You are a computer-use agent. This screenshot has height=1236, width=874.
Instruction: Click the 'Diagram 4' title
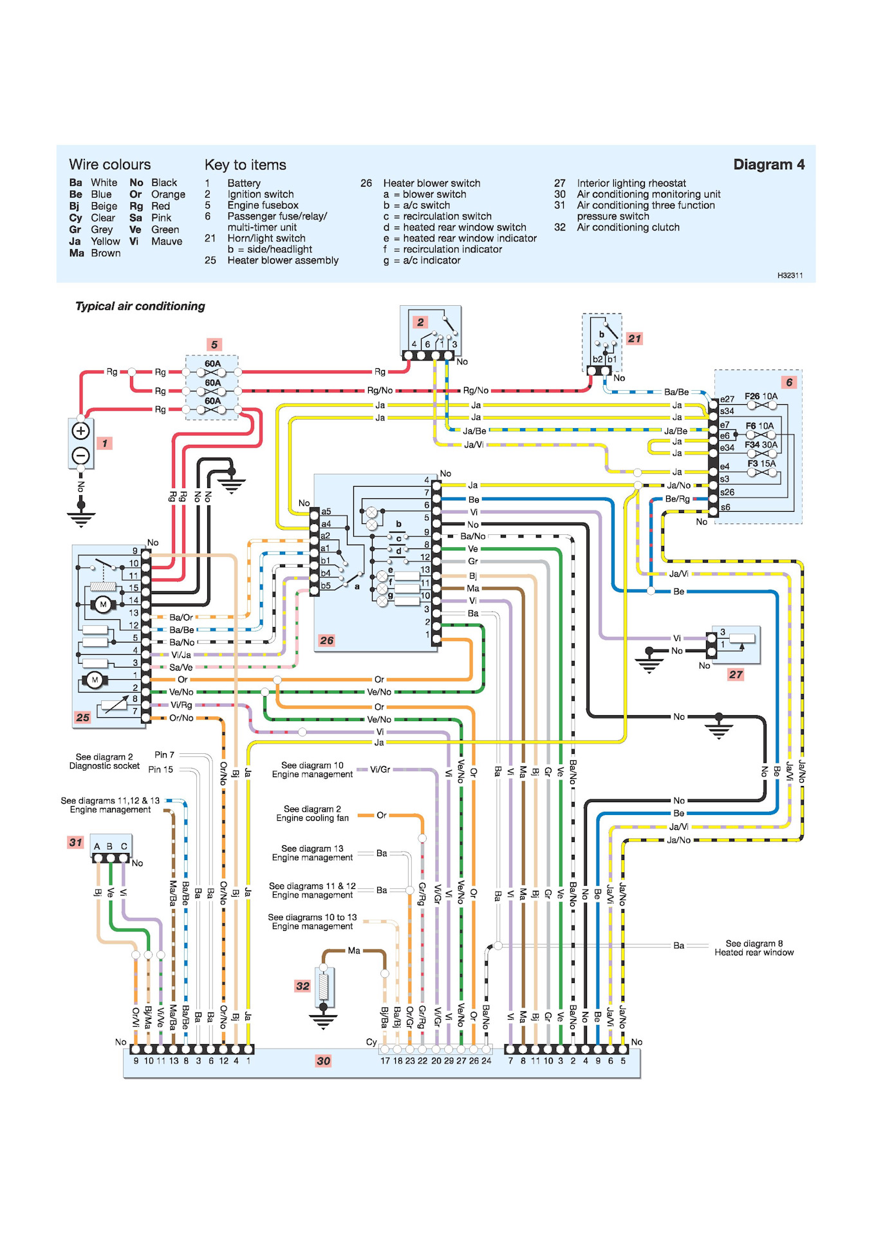pyautogui.click(x=768, y=165)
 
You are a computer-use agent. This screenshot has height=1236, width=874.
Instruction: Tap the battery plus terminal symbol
pyautogui.click(x=80, y=431)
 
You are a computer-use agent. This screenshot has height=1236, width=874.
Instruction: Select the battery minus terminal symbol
pyautogui.click(x=80, y=456)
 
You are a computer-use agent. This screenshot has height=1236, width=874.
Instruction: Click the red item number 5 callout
pyautogui.click(x=214, y=344)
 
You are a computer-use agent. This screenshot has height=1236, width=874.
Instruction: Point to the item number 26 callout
pyautogui.click(x=327, y=640)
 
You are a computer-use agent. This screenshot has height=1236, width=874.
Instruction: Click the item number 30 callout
pyautogui.click(x=323, y=1061)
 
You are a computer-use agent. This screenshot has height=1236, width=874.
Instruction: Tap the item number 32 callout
pyautogui.click(x=302, y=986)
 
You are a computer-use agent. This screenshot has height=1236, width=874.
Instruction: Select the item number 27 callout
pyautogui.click(x=736, y=674)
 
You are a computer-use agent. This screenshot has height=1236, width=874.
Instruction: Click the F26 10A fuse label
pyautogui.click(x=761, y=397)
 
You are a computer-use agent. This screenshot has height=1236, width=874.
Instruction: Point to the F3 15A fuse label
pyautogui.click(x=761, y=464)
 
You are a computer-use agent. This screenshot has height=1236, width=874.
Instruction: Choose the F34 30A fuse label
pyautogui.click(x=761, y=445)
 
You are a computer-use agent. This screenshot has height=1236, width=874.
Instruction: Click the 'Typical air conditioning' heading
pyautogui.click(x=140, y=306)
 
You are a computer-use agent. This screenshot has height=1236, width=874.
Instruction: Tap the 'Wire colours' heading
pyautogui.click(x=109, y=165)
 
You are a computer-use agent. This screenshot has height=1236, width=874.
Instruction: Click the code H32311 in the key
pyautogui.click(x=790, y=276)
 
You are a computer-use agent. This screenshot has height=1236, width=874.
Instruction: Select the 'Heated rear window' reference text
pyautogui.click(x=754, y=953)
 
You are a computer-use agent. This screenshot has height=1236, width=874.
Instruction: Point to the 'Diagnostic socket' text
pyautogui.click(x=104, y=766)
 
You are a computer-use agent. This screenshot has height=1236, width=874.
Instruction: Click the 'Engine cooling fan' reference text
pyautogui.click(x=312, y=818)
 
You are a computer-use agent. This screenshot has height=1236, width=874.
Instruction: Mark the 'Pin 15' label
pyautogui.click(x=160, y=769)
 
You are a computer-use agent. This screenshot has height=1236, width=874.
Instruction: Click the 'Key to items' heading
pyautogui.click(x=245, y=165)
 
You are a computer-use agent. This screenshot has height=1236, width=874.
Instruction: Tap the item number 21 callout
pyautogui.click(x=635, y=339)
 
